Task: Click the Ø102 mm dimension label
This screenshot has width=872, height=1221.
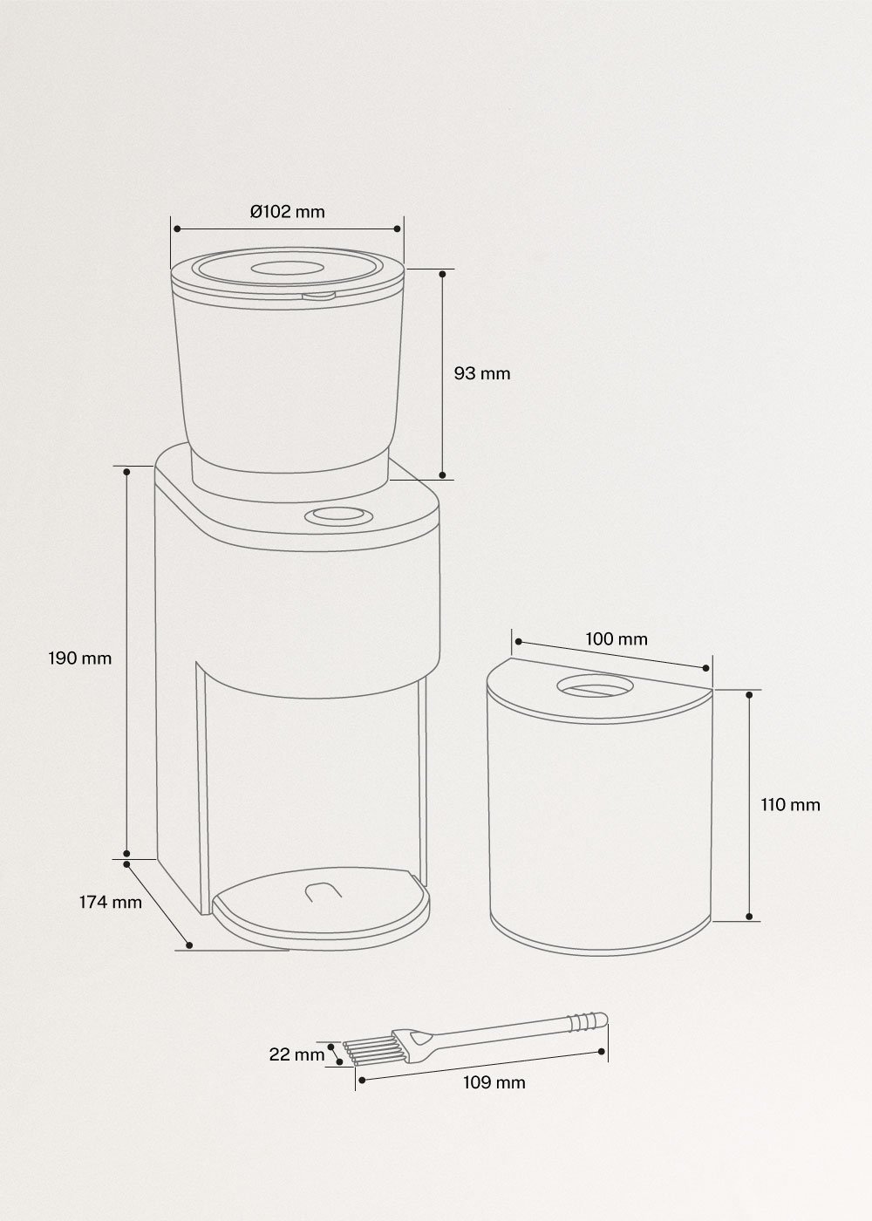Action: pyautogui.click(x=287, y=211)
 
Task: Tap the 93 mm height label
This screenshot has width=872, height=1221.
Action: pyautogui.click(x=482, y=373)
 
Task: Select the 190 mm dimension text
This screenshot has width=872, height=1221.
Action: pyautogui.click(x=79, y=658)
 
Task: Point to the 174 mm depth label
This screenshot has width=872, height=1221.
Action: pyautogui.click(x=109, y=902)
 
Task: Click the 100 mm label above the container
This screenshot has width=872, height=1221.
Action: pyautogui.click(x=617, y=638)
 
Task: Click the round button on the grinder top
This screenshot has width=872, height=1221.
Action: pyautogui.click(x=337, y=516)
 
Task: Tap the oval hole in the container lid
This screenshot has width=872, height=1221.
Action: pyautogui.click(x=594, y=686)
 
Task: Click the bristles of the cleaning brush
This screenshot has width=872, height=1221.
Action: pyautogui.click(x=365, y=1051)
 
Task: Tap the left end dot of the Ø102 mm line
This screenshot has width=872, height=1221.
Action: pyautogui.click(x=176, y=229)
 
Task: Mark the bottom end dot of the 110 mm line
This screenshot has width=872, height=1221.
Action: pyautogui.click(x=750, y=917)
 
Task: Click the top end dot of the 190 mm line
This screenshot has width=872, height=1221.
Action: pyautogui.click(x=127, y=471)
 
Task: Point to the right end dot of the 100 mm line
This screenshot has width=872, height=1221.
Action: pyautogui.click(x=705, y=668)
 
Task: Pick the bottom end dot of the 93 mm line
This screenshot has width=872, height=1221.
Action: pyautogui.click(x=442, y=475)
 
